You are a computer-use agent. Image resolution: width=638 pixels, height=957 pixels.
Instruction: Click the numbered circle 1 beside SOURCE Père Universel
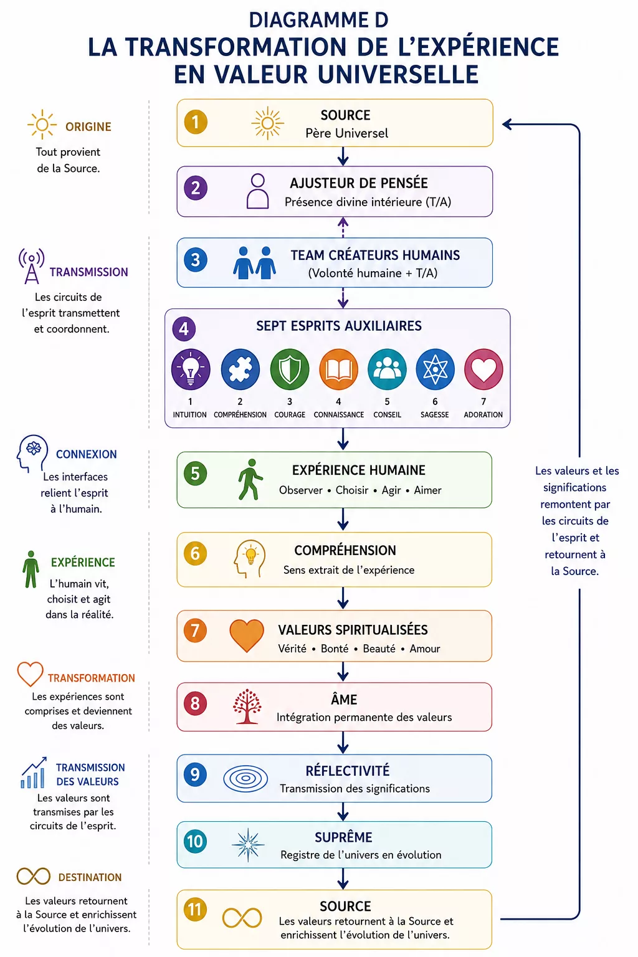[195, 122]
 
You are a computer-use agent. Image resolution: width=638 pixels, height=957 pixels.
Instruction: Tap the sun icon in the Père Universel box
[267, 123]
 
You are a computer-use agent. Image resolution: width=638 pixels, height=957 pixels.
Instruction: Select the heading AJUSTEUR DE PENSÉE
[358, 183]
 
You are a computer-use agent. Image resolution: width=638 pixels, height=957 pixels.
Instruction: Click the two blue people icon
[254, 263]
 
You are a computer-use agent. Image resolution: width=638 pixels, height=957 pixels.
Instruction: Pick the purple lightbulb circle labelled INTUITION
[191, 369]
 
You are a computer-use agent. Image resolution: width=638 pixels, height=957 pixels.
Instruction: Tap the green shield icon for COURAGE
[290, 369]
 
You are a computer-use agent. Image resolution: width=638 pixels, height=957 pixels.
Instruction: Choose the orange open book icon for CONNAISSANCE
[338, 369]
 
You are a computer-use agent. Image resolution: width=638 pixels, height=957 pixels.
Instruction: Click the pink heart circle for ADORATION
[483, 369]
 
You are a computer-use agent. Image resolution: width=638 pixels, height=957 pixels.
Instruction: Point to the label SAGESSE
[435, 415]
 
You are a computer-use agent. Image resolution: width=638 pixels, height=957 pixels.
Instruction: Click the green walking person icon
[250, 479]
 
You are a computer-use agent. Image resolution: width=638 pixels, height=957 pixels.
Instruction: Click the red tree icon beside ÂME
[247, 706]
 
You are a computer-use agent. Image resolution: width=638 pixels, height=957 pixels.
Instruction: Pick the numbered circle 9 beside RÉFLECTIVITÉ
[195, 774]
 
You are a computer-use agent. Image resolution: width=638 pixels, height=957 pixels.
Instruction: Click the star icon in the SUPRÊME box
[248, 845]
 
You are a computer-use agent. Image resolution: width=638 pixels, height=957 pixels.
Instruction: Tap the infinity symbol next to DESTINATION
[33, 876]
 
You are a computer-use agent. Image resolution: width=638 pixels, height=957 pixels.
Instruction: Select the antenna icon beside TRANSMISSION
[32, 266]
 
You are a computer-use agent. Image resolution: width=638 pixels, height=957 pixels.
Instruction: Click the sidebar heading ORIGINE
[88, 127]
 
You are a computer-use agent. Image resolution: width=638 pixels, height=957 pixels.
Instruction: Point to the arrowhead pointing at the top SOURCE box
[507, 125]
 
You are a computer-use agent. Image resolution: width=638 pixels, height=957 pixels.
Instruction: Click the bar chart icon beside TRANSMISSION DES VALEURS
[34, 773]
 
